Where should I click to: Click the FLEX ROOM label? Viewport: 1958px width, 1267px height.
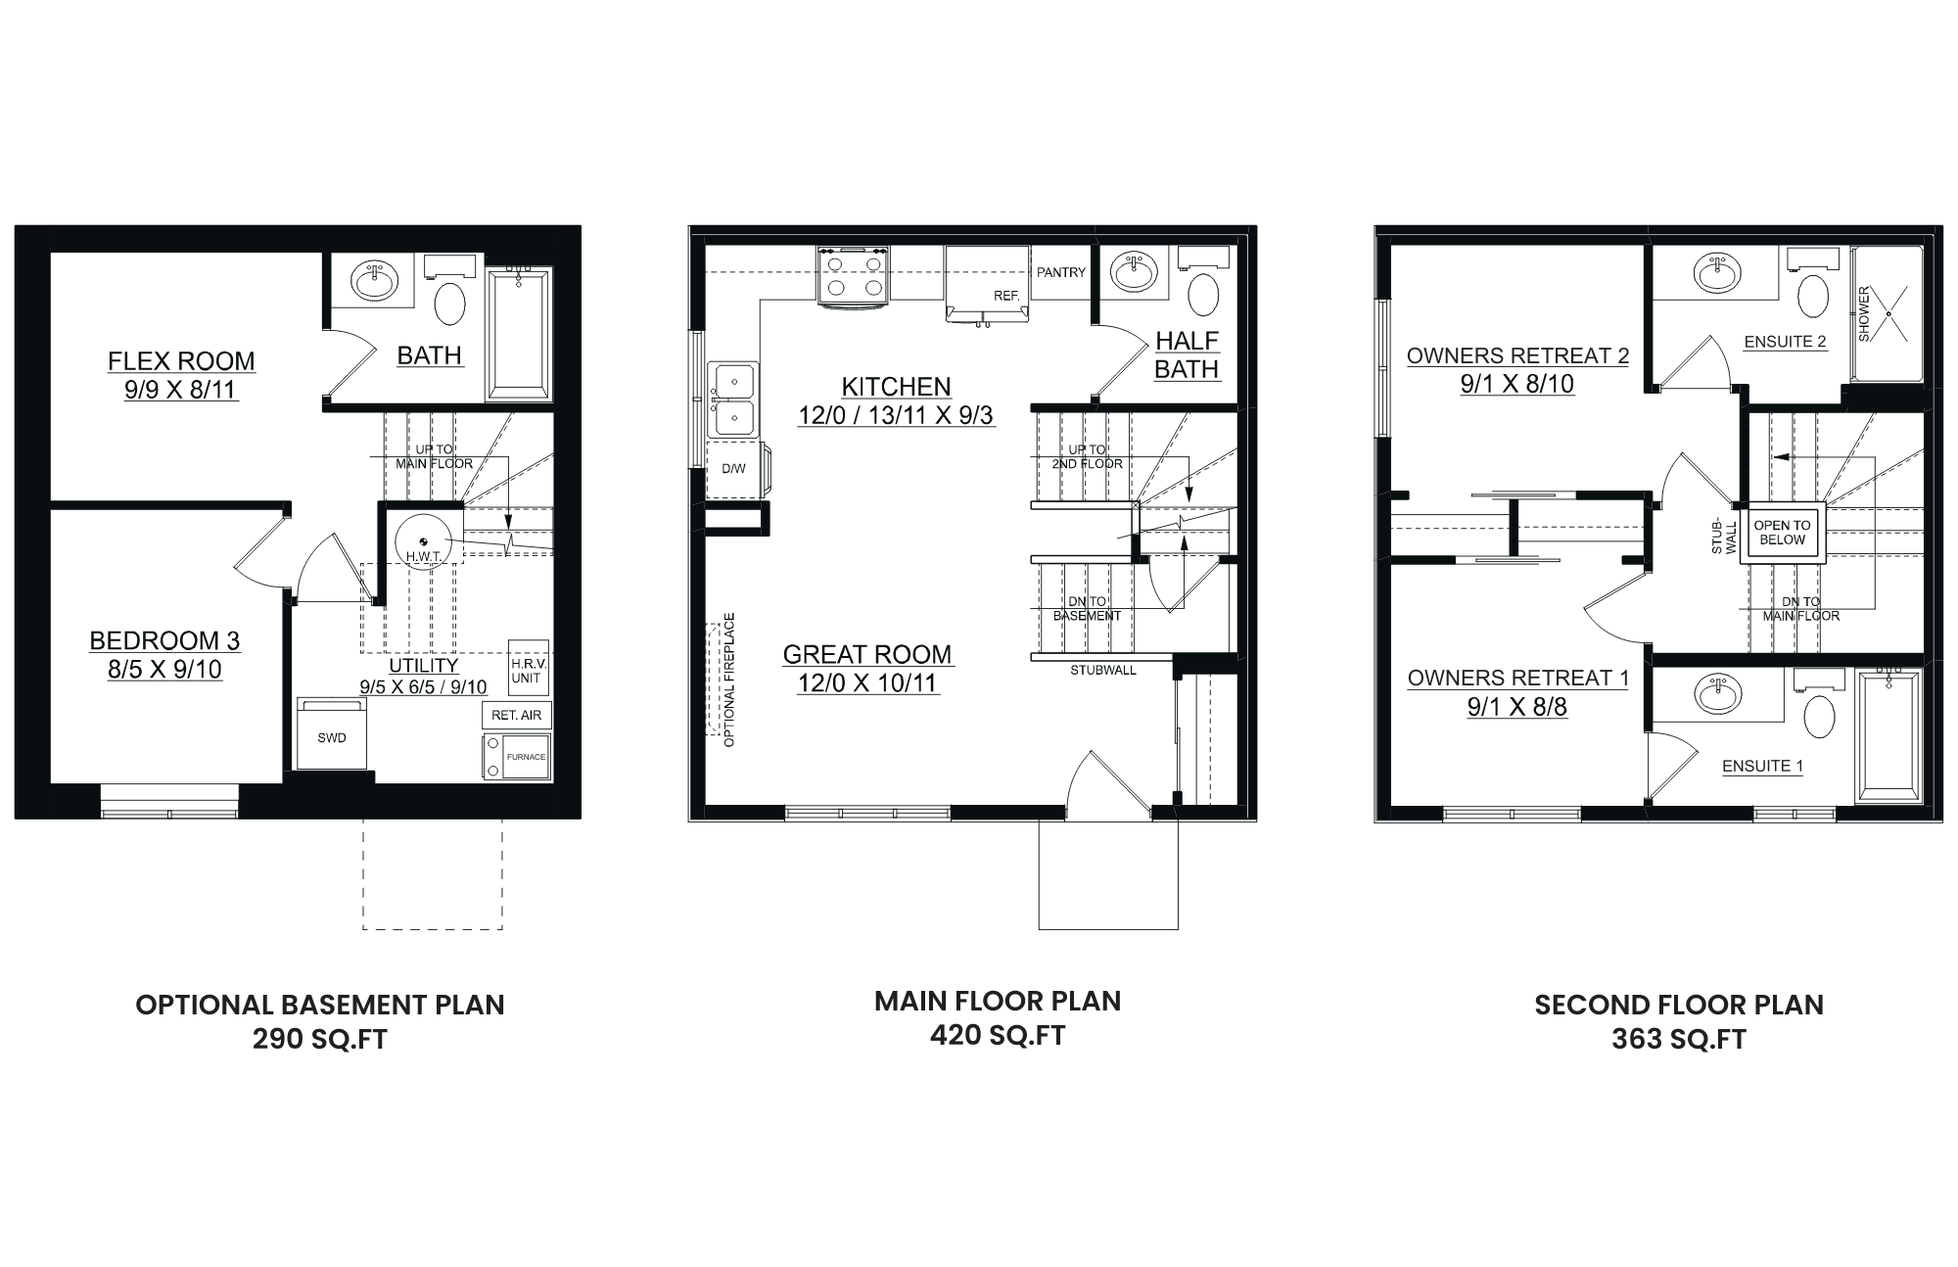(181, 361)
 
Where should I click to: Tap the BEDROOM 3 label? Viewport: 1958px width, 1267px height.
(164, 640)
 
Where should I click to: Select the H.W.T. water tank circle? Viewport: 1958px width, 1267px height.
(422, 540)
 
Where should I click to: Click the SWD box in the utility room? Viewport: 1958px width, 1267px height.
(332, 734)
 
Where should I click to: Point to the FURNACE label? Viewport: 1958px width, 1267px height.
(526, 757)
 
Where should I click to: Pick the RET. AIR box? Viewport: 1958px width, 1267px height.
(517, 715)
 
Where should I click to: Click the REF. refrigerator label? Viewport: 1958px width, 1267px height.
(1006, 295)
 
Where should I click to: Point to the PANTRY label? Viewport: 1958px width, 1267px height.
(1061, 272)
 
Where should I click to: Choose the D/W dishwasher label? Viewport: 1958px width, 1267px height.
(733, 469)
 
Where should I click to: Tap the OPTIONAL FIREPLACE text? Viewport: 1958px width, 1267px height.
(729, 680)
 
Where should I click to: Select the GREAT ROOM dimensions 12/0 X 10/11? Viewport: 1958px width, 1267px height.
(868, 683)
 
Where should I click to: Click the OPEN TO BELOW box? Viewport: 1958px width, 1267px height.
(1782, 534)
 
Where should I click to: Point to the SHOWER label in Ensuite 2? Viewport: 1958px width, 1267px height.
(1864, 313)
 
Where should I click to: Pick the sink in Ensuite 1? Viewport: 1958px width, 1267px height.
(1719, 693)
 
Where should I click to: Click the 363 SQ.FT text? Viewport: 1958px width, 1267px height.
(1679, 1039)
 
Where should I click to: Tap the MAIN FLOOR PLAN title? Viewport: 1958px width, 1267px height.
(998, 1001)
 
